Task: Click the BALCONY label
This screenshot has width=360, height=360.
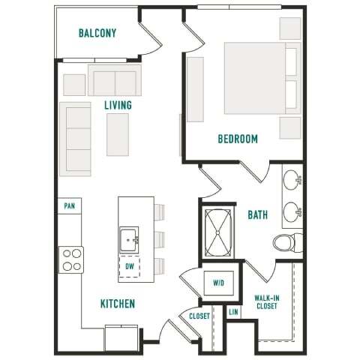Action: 97,33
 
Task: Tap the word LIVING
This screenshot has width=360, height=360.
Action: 118,106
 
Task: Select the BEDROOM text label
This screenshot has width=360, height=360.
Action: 238,139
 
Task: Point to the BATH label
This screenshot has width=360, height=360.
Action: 258,215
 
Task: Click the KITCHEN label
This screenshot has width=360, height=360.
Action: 118,304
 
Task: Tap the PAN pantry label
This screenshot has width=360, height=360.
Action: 70,205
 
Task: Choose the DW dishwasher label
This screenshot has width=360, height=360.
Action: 129,265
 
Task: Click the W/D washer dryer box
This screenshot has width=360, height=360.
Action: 219,283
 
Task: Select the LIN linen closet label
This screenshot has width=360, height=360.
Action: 233,310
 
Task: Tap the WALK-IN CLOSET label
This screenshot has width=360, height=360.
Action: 268,302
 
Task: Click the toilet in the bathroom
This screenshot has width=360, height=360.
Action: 286,243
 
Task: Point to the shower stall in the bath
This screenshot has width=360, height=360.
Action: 220,232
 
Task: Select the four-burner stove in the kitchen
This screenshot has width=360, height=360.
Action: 72,259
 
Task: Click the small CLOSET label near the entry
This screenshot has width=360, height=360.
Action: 199,316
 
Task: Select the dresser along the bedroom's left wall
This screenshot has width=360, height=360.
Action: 195,89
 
